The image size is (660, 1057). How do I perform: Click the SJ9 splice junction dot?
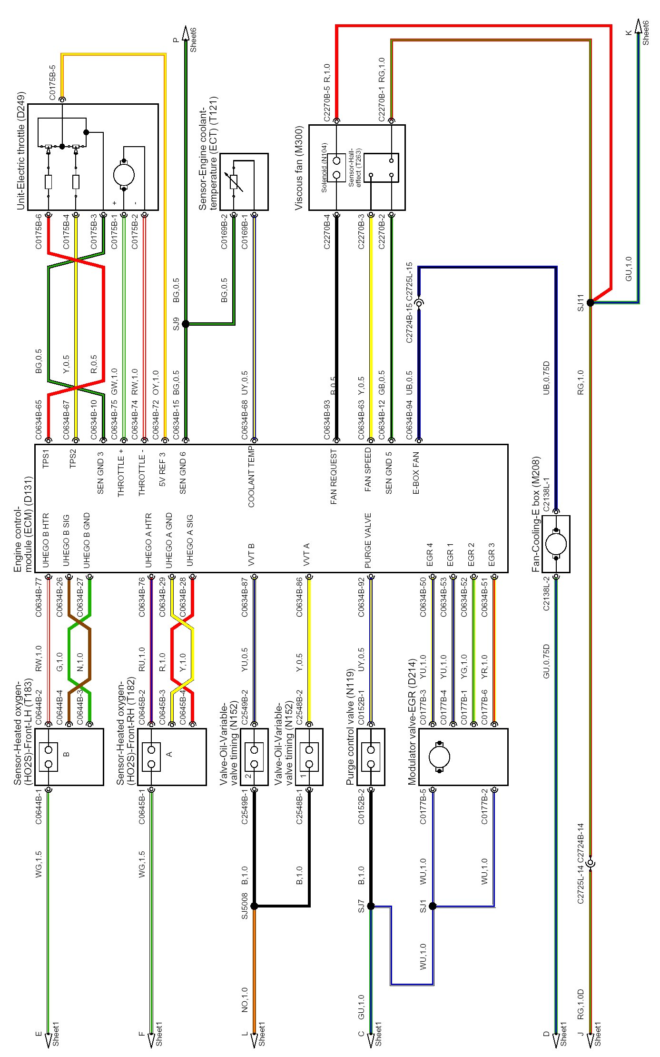[x=186, y=324]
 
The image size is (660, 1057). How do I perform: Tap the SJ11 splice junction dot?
[x=590, y=302]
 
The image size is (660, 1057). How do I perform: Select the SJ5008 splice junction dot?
[x=254, y=906]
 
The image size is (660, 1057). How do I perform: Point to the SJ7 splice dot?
[x=371, y=906]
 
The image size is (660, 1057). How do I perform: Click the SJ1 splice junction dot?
[x=433, y=906]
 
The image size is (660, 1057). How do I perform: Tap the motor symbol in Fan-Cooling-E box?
[x=556, y=544]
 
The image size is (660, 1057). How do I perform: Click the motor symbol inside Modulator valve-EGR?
[x=439, y=757]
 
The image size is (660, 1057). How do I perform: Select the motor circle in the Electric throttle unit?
[x=124, y=174]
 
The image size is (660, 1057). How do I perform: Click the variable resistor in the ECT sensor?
[x=234, y=182]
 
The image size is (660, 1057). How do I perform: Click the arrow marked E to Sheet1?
[x=48, y=1041]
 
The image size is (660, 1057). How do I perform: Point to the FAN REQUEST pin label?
[x=334, y=477]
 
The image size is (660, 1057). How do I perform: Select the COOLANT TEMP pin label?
[x=251, y=477]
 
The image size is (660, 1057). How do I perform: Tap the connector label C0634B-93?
[x=327, y=419]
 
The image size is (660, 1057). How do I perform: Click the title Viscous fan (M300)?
[x=299, y=168]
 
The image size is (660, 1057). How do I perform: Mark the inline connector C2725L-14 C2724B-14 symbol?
[x=590, y=863]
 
